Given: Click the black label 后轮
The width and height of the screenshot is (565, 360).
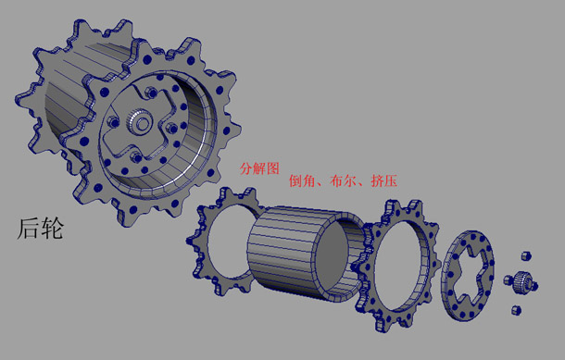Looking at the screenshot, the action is [40, 229].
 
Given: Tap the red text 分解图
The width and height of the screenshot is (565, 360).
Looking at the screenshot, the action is [259, 168].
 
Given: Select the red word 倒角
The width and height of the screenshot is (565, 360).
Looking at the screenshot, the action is [302, 181].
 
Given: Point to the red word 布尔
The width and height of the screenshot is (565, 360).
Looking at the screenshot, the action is [343, 181].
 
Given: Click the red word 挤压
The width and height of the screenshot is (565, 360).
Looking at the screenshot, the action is [384, 181].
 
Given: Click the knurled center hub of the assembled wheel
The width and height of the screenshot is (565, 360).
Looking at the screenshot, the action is [139, 122].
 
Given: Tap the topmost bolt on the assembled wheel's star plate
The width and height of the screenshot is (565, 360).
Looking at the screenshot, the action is [151, 93].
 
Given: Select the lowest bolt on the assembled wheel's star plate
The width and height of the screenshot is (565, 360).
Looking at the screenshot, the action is [136, 157].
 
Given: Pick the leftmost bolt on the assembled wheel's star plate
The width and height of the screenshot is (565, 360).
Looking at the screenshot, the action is [114, 122].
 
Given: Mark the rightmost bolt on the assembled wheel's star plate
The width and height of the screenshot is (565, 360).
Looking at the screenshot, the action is [172, 128].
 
